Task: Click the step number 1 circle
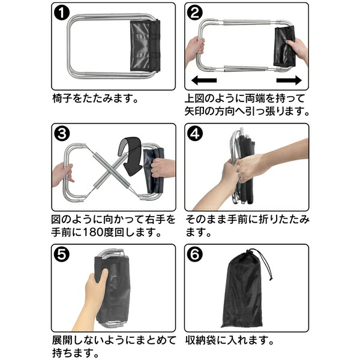(x=62, y=13)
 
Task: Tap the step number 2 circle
(x=194, y=13)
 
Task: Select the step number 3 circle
(x=62, y=133)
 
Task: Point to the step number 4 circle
(x=195, y=133)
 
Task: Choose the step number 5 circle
(x=62, y=254)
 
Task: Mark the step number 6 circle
(x=195, y=254)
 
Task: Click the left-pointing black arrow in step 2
(x=204, y=80)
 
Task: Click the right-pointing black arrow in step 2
(x=289, y=80)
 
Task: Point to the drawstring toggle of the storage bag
(x=271, y=279)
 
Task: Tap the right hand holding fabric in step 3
(x=163, y=168)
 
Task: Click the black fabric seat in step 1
(x=145, y=46)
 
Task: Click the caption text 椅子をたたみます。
(x=95, y=98)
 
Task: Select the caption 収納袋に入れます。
(x=230, y=340)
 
